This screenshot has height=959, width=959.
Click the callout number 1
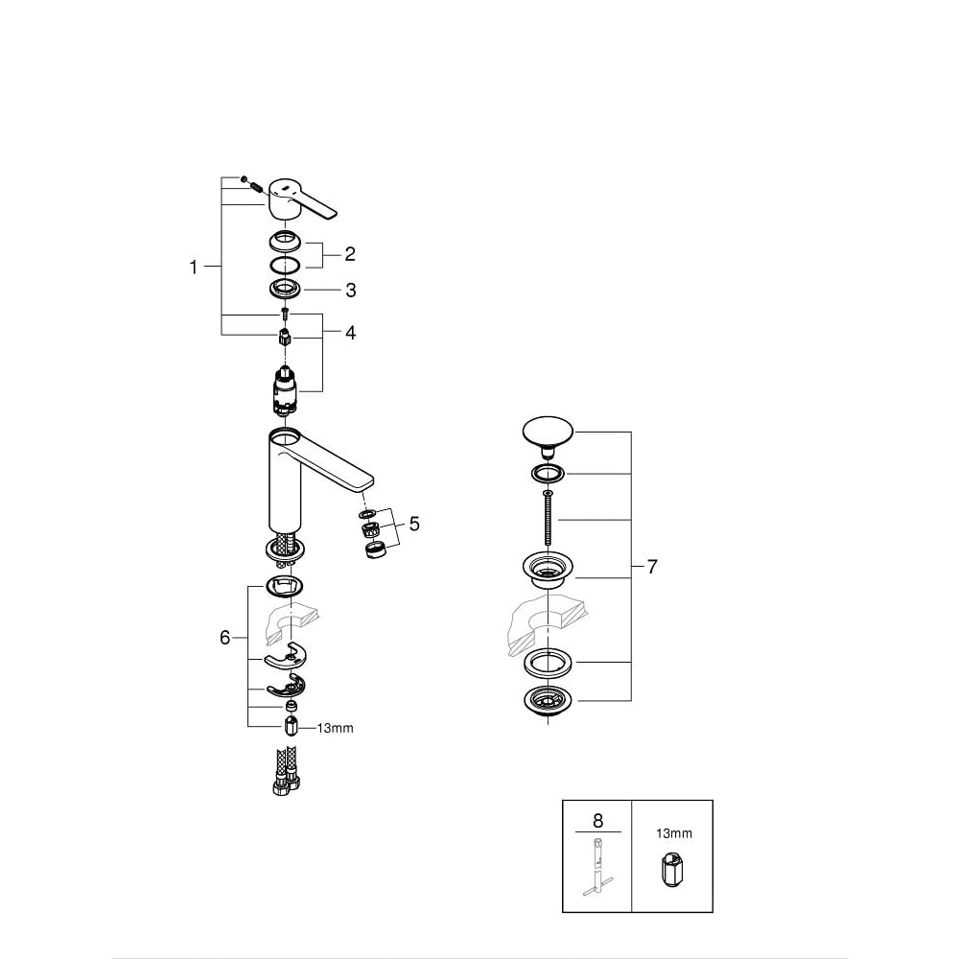(194, 268)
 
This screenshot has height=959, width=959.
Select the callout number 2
(350, 254)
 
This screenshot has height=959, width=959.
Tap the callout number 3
(350, 290)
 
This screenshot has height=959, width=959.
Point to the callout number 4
(350, 333)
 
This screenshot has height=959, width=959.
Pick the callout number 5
(414, 524)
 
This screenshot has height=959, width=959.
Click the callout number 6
(225, 638)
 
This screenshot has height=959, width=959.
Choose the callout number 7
(652, 567)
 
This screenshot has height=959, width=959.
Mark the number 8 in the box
(597, 820)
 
